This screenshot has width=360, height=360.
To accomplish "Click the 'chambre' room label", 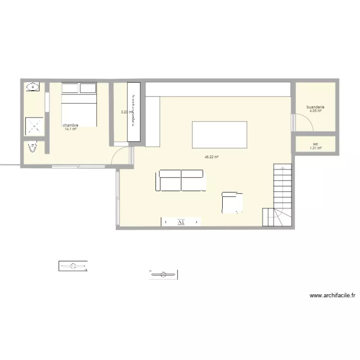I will click(x=70, y=126).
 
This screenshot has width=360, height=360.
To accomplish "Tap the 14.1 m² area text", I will click(x=70, y=129).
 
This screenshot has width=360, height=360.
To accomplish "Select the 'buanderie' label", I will click(x=315, y=107).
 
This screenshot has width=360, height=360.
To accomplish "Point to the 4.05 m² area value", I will click(x=315, y=111).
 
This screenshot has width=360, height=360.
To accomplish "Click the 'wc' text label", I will click(x=315, y=144).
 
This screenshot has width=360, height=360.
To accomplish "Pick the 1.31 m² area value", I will click(x=315, y=148).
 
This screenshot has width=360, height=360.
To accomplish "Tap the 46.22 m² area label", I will click(x=211, y=157).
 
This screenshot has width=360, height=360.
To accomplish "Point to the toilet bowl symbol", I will click(x=33, y=147).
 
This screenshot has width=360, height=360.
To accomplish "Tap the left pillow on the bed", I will click(x=70, y=88).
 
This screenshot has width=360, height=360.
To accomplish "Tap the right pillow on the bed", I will click(x=88, y=88).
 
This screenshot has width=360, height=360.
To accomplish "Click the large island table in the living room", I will click(x=219, y=135).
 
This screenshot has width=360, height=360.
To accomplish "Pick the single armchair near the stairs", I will click(x=233, y=202).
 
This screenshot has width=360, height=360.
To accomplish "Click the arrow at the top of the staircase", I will click(x=283, y=168).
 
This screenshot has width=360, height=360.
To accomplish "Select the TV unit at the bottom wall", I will click(x=181, y=222).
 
